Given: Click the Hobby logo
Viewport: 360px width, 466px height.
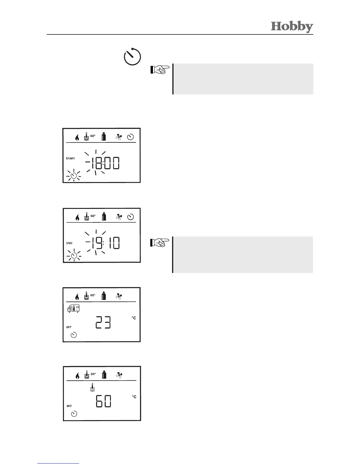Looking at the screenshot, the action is point(292,26).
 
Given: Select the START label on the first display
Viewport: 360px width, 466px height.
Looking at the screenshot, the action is point(70,158).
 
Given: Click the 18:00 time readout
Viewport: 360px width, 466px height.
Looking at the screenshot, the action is point(105,163).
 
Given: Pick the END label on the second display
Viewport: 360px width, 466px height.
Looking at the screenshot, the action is point(69,243).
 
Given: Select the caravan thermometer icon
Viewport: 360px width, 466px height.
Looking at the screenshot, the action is point(73,309).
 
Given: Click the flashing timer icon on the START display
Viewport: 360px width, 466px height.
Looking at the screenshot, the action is point(74,176).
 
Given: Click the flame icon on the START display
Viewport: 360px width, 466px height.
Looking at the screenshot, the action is point(77,138).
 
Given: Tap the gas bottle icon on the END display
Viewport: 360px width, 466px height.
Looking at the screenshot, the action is point(104,217).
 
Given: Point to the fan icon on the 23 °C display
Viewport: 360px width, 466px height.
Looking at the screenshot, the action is point(119,296).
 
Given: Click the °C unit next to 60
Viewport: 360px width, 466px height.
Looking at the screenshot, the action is point(134,397).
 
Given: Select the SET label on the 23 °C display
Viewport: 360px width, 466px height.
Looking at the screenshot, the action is point(69,327).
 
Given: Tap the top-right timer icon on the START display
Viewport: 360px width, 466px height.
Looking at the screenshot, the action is point(130,137).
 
